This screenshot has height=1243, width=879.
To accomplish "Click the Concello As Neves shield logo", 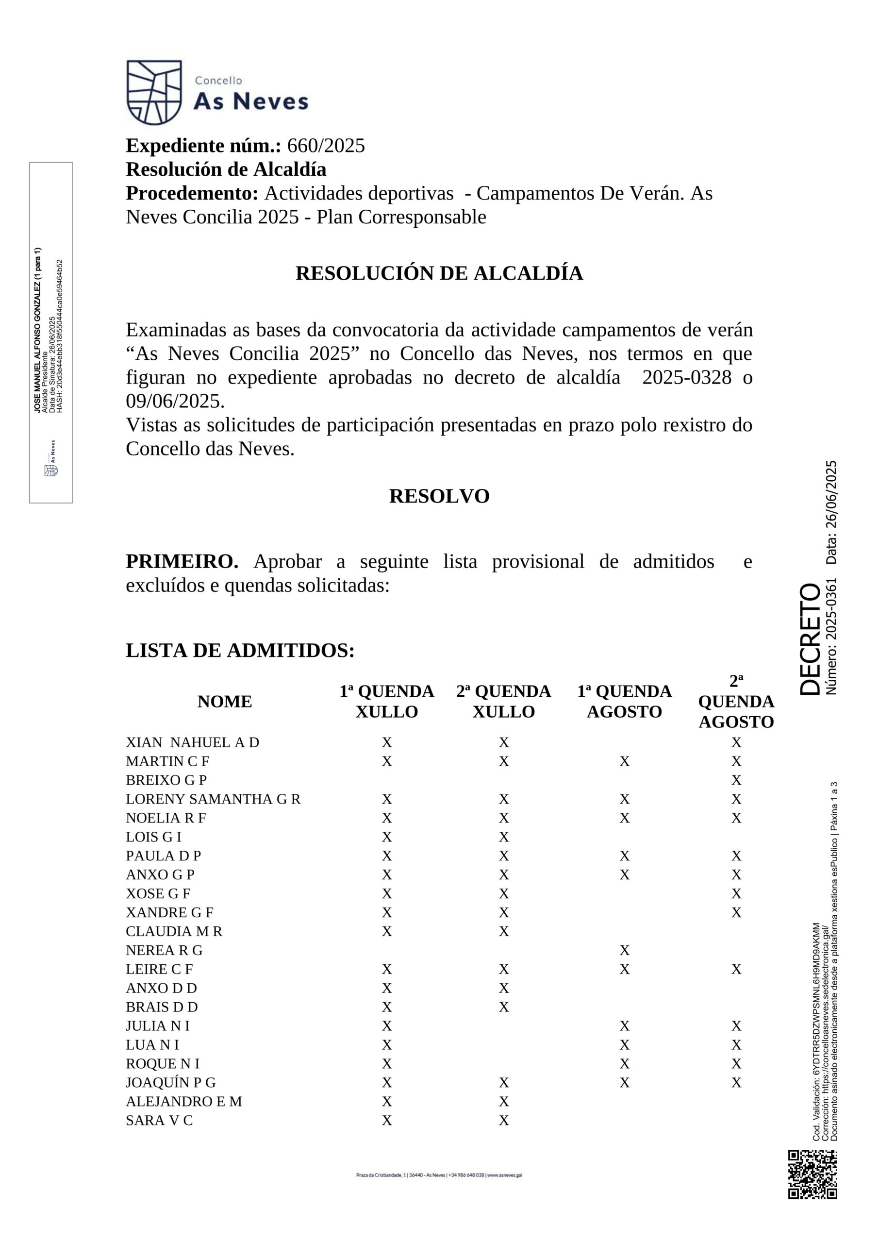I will (154, 93).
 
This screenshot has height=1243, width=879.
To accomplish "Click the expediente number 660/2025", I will (326, 146).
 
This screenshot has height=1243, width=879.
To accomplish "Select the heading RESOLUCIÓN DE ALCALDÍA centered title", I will (439, 273).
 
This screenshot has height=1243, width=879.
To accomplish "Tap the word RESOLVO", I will (439, 496).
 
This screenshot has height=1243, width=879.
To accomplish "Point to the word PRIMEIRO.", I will (182, 561).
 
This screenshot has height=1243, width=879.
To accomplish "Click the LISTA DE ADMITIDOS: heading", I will (240, 650).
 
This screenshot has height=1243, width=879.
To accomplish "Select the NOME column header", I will (225, 702).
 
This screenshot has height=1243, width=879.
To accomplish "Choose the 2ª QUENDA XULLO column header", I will (503, 702).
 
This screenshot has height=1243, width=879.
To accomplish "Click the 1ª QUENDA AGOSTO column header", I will (624, 702).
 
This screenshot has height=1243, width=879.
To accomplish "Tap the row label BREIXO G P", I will (166, 780).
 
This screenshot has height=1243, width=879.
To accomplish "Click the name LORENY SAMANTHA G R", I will (213, 799).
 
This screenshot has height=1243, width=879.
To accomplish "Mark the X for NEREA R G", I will (625, 950).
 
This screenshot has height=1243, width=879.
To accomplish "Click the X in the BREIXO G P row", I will (736, 780).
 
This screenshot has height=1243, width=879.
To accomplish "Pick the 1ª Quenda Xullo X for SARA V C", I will (386, 1120).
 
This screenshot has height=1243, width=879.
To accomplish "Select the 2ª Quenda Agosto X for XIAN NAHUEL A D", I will (736, 743).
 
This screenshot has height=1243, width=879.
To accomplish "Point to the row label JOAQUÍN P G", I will (170, 1082).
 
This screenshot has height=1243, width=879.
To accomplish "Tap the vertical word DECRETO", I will (810, 639).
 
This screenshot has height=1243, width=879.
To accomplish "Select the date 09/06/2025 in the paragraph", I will (175, 401).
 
